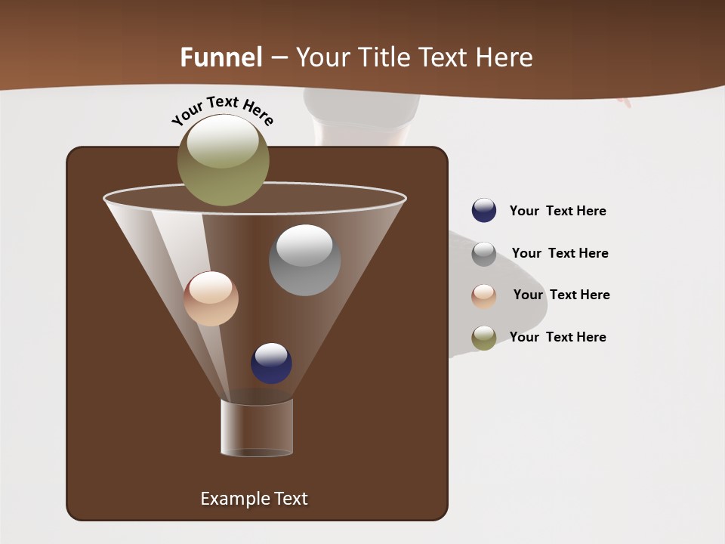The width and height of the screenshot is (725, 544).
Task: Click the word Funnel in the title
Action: click(221, 57)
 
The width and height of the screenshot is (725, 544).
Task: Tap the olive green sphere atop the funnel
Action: click(224, 160)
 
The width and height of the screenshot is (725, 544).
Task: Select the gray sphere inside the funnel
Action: click(304, 260)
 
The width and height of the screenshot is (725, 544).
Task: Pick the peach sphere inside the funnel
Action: click(211, 298)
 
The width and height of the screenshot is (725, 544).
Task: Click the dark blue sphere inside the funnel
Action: click(271, 363)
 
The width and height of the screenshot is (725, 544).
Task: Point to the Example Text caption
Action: click(254, 499)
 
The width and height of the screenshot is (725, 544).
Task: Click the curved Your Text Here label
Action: click(223, 109)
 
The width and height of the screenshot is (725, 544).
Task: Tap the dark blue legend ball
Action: click(484, 211)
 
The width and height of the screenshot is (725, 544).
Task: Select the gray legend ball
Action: click(484, 253)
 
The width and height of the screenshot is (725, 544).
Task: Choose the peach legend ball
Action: click(484, 295)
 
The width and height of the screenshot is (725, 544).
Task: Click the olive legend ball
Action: click(484, 338)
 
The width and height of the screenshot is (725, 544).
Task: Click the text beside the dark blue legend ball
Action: click(557, 211)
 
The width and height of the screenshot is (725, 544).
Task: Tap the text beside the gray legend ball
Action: click(560, 253)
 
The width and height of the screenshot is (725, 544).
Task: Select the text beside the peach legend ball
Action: click(561, 295)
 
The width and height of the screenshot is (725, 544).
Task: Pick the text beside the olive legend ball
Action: click(557, 337)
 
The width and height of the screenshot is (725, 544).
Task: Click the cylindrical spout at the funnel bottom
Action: click(257, 428)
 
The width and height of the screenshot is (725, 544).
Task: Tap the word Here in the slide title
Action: click(507, 57)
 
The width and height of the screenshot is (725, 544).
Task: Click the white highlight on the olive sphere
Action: click(223, 140)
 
